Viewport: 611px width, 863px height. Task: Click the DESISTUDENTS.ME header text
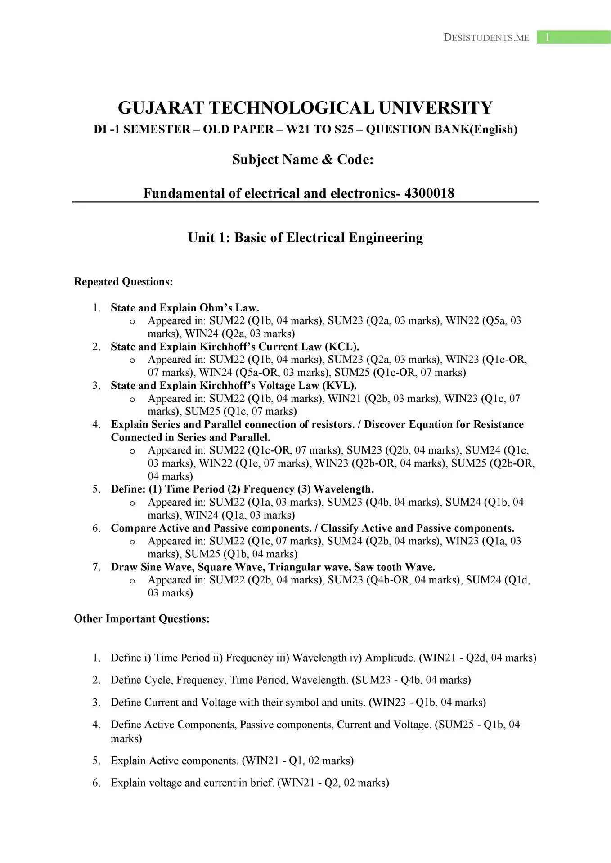coord(486,38)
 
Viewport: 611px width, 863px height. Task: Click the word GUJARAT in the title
coord(160,108)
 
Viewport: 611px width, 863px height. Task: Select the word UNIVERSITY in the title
coord(435,108)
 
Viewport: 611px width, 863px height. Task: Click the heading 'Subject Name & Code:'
coord(303,160)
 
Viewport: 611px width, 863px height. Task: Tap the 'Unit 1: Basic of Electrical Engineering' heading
coord(305,238)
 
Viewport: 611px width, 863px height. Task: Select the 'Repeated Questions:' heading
coord(123,282)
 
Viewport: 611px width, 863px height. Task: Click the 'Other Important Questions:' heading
coord(142,619)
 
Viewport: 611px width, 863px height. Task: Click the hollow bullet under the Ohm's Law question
coord(132,321)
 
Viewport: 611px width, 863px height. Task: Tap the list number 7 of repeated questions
coord(96,567)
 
